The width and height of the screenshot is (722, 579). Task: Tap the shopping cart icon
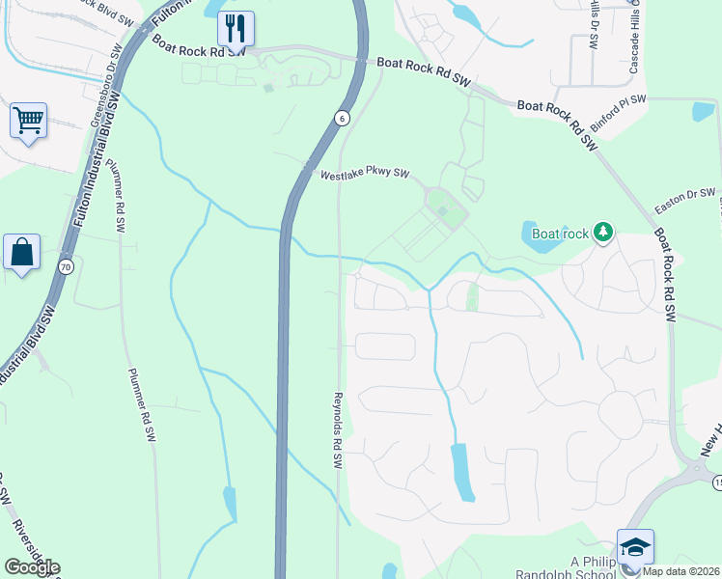tap(29, 122)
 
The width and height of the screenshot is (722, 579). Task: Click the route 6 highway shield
tap(342, 118)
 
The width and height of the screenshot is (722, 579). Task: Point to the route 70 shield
tap(66, 266)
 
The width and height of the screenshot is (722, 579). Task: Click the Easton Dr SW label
tap(685, 200)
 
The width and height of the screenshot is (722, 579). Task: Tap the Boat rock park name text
tap(560, 234)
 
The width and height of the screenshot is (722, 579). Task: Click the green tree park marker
tap(603, 233)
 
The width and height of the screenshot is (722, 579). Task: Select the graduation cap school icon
tap(635, 546)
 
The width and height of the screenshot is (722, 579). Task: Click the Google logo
tap(32, 567)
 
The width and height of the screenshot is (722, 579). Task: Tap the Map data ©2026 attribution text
tap(681, 571)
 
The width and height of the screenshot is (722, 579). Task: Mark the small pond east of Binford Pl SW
tap(703, 111)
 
